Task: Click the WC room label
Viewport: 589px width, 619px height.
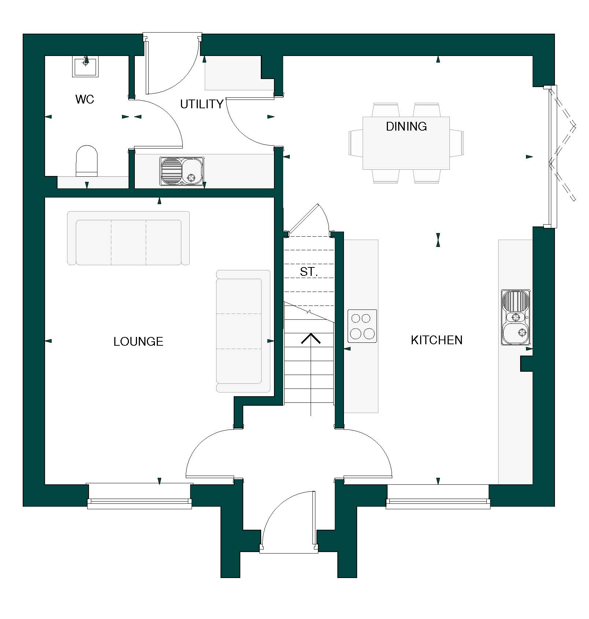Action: pos(85,99)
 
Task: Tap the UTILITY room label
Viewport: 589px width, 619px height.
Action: pos(201,104)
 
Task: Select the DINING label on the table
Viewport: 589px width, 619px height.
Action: pos(406,127)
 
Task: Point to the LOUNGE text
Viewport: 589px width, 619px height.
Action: pos(138,342)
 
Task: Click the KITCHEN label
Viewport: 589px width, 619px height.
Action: pos(436,340)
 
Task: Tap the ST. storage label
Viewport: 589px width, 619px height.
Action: pos(308,272)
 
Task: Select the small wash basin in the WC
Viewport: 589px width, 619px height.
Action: pos(85,66)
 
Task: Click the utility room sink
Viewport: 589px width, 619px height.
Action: pos(182,171)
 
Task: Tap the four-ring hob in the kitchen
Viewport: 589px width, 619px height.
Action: pos(362,326)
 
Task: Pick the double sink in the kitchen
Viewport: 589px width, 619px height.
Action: pos(516,317)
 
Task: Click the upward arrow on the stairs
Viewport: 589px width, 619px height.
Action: pos(311,339)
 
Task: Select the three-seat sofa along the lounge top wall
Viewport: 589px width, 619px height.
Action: pos(128,238)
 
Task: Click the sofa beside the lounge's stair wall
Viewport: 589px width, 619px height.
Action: pos(243,331)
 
